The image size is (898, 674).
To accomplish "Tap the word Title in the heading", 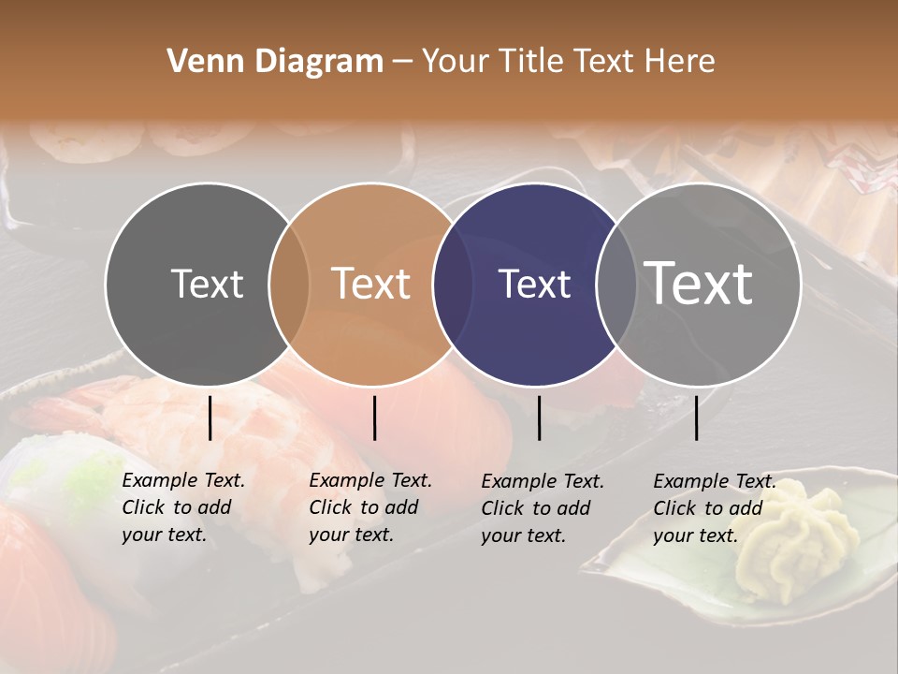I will pos(530,62).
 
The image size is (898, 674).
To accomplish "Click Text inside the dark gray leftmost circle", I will pos(207,284).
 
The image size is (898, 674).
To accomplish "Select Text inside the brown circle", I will pos(371,284).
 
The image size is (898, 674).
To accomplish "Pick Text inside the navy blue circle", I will pos(535,284).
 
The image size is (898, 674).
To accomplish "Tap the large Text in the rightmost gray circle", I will pos(699,283).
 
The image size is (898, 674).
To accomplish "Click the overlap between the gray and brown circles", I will pos(289,284).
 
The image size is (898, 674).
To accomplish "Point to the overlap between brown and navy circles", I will pos(452,284).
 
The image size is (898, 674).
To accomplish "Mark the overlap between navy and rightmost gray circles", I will pos(616,284).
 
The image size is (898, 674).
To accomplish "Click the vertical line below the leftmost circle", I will pos(210,418).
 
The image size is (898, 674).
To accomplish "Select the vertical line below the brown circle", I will pos(374,418).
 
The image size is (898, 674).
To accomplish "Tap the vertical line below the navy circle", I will pos(540,418).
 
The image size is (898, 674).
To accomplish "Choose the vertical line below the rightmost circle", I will pos(697,418).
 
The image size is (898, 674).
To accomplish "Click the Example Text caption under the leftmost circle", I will pos(182,507).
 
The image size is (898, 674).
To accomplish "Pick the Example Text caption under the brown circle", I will pos(369,507).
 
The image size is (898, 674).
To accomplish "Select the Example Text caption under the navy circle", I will pos(542,508).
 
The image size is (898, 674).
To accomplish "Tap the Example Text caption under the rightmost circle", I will pos(714,508).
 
